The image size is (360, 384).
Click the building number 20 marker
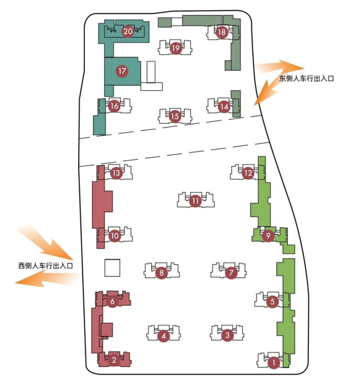tap(128, 31)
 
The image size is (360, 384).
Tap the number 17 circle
tap(122, 71)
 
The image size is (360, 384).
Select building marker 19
tap(176, 48)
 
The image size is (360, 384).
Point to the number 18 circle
tap(222, 32)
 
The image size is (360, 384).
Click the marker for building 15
tap(175, 116)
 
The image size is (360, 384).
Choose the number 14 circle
tap(224, 107)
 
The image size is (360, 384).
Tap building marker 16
tap(114, 106)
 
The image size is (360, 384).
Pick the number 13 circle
tap(116, 173)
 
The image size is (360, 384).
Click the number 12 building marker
tap(248, 173)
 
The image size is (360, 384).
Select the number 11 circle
tap(195, 201)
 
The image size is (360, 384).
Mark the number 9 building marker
tap(268, 236)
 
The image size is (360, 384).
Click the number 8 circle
tap(162, 273)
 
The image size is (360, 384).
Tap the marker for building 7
tap(231, 273)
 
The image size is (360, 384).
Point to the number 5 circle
tap(272, 301)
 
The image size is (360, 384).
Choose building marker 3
tap(227, 335)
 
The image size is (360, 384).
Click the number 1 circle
tap(273, 363)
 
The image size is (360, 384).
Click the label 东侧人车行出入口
tap(306, 79)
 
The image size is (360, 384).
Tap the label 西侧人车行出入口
tap(46, 266)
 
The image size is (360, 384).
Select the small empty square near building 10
tap(112, 268)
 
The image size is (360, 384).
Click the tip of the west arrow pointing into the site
tap(72, 259)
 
